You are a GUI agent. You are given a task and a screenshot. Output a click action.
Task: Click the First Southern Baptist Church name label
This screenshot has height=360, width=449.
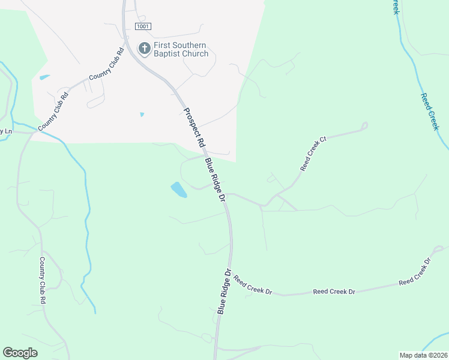click(180, 49)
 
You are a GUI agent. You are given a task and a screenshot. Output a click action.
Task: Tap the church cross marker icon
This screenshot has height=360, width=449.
click(144, 48)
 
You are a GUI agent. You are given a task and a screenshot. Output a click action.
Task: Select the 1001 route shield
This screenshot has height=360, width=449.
click(143, 26)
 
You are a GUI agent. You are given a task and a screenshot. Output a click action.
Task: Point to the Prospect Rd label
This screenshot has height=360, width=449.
click(194, 128)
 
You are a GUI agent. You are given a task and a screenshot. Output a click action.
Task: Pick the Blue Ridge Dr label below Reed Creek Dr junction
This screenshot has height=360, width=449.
click(224, 292)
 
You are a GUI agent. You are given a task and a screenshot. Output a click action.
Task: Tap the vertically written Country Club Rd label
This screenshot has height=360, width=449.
click(43, 281)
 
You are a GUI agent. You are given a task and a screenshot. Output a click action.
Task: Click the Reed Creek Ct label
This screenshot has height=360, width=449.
click(313, 154)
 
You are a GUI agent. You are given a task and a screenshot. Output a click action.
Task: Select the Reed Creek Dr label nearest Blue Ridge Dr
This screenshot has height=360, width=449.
click(253, 284)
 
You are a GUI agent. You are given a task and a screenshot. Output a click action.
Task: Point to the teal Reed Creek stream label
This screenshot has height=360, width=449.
click(430, 112)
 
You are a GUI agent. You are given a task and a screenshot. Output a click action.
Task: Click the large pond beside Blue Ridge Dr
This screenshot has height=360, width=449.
click(178, 190)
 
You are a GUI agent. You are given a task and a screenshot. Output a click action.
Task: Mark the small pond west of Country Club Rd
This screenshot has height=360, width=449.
click(44, 77)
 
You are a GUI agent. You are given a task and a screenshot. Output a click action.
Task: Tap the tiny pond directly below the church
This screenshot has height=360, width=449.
click(142, 115)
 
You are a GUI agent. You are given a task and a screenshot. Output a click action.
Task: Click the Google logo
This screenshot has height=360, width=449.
click(20, 353)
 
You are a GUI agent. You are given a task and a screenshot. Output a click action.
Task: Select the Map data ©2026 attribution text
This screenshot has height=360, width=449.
click(423, 355)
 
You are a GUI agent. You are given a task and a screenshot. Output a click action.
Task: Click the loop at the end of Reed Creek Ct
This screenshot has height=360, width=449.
click(364, 126)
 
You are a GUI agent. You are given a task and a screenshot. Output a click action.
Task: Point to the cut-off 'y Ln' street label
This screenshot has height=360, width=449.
click(6, 131)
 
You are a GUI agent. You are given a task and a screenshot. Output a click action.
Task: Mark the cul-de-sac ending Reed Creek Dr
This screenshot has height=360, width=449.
click(438, 248)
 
